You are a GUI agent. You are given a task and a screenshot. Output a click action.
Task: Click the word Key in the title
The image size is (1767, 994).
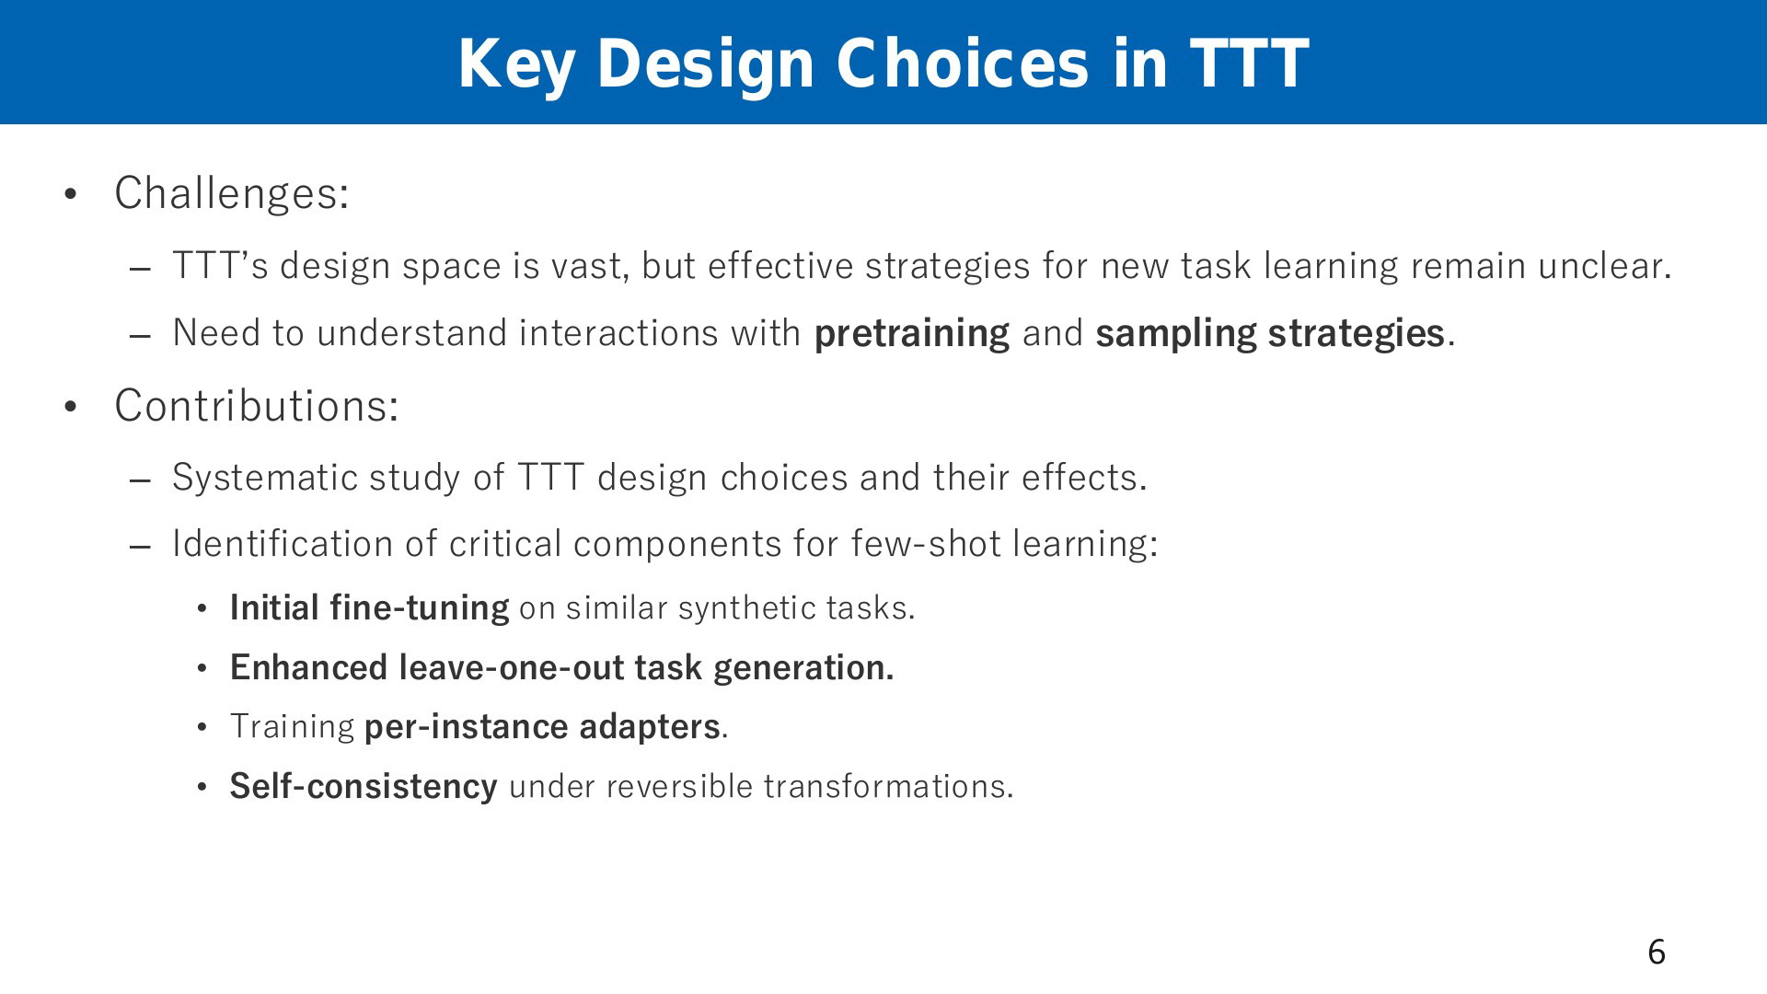[x=516, y=64]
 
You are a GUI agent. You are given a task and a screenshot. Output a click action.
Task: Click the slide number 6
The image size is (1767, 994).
[x=1657, y=952]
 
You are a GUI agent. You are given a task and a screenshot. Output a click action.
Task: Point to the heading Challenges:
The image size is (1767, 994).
[x=232, y=193]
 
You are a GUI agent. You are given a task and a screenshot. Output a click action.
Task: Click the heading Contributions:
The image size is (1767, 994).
[x=257, y=405]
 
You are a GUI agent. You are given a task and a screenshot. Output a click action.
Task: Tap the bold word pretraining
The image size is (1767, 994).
[x=912, y=333]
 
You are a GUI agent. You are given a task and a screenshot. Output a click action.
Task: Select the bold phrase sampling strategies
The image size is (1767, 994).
[x=1270, y=333]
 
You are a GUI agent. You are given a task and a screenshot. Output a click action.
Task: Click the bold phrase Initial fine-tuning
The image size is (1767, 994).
[x=369, y=608]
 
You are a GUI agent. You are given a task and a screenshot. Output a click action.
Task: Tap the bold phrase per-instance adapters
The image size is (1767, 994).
[x=542, y=727]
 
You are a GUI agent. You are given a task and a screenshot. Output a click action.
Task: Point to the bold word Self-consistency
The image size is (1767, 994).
[x=364, y=787]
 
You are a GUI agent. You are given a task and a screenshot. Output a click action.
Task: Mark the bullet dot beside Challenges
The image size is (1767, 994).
[x=70, y=194]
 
